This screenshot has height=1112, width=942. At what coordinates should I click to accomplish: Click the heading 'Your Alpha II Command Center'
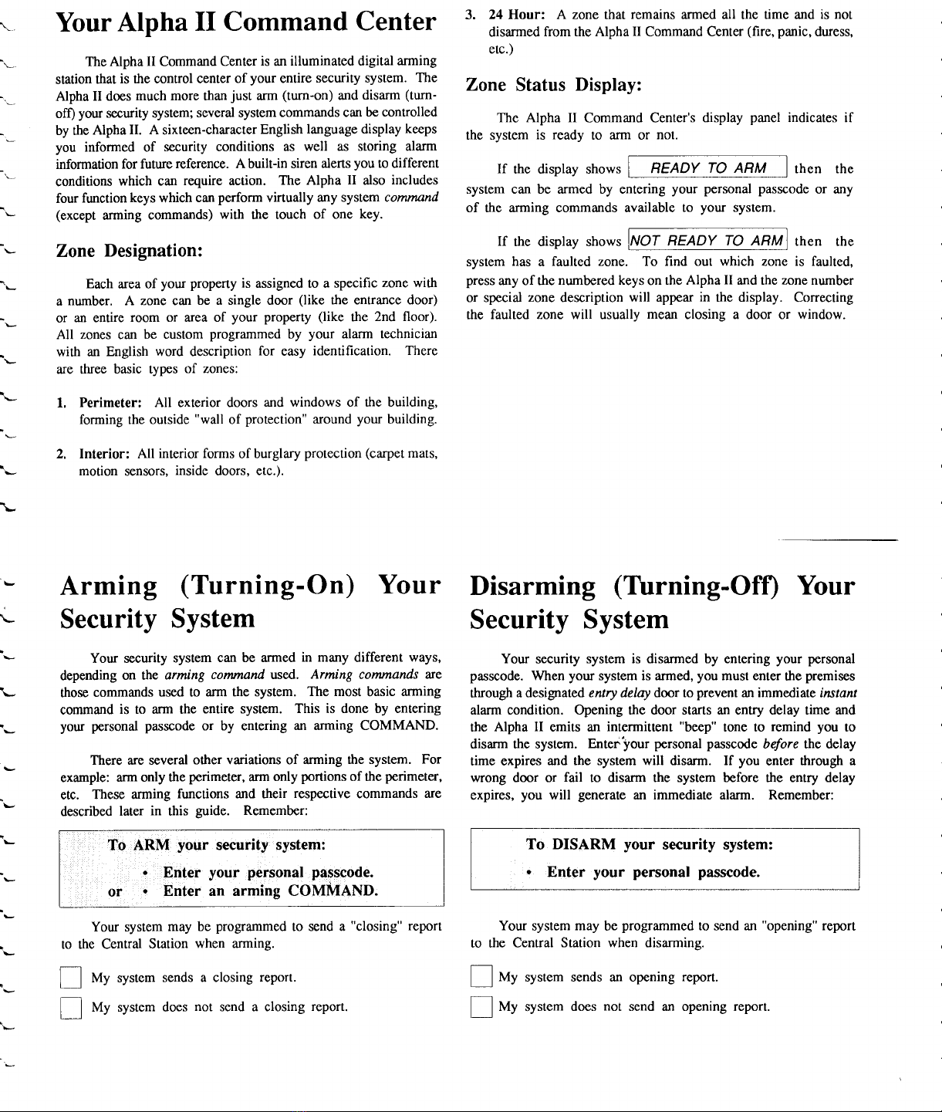click(x=245, y=22)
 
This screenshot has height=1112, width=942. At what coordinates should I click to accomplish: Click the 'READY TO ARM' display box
click(x=707, y=168)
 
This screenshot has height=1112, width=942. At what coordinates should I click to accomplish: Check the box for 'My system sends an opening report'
click(x=481, y=978)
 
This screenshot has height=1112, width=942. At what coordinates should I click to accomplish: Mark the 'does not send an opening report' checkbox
click(x=481, y=1007)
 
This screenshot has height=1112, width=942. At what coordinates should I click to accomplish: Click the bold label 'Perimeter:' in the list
click(x=110, y=402)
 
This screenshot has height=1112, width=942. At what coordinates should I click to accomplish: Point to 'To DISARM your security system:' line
click(x=650, y=844)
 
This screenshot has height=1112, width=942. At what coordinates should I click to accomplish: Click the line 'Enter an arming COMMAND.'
click(x=270, y=891)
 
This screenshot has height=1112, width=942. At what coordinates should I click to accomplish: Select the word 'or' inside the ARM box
click(x=115, y=892)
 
